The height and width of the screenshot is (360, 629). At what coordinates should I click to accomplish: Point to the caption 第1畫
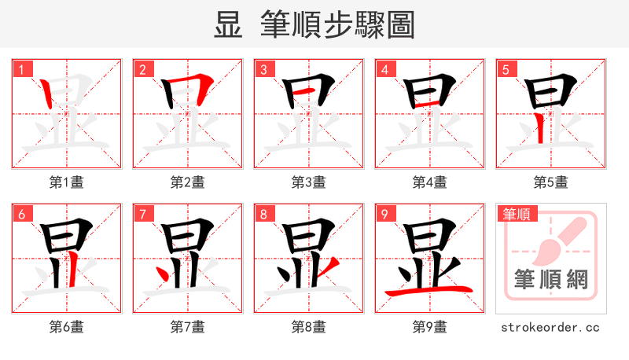tap(67, 182)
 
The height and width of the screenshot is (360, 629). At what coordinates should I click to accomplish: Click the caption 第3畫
tap(309, 182)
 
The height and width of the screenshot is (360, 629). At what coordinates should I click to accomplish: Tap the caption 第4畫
tap(430, 182)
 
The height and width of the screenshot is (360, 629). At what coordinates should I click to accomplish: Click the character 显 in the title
tap(228, 25)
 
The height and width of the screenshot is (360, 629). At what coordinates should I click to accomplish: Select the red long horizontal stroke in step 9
tap(429, 291)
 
